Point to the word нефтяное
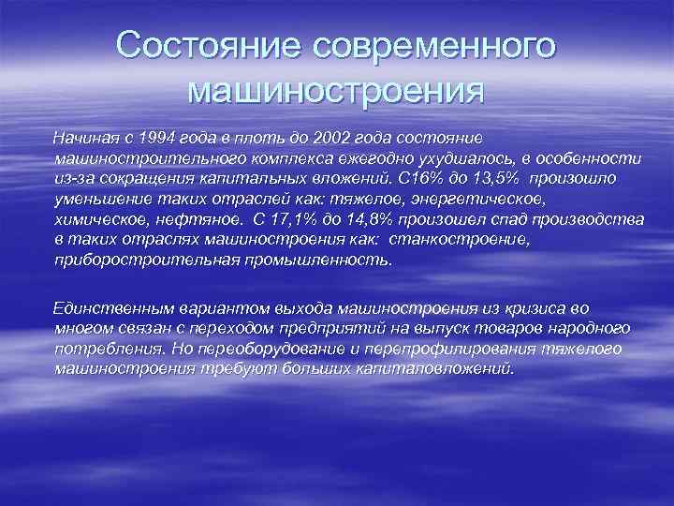click(x=190, y=218)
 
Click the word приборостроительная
click(x=135, y=260)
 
